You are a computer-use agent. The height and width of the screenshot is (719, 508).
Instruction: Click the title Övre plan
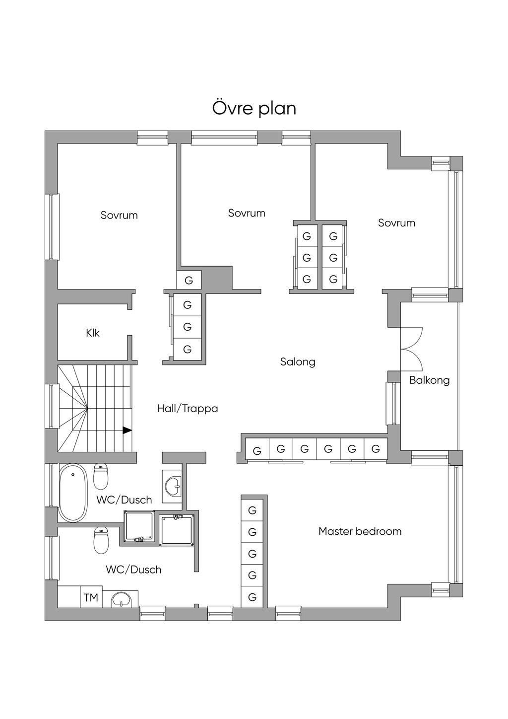click(x=254, y=108)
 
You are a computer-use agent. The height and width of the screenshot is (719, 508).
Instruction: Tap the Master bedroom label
click(x=360, y=531)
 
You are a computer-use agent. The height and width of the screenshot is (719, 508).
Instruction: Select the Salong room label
click(x=298, y=362)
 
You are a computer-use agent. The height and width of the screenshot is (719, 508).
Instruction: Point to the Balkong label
click(x=429, y=380)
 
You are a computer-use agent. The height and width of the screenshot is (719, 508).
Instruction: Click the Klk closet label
click(x=93, y=333)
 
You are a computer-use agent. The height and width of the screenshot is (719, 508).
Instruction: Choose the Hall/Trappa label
click(x=188, y=409)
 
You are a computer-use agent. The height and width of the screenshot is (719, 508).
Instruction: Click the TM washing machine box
click(x=91, y=597)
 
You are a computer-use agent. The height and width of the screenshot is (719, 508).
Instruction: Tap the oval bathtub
click(x=73, y=493)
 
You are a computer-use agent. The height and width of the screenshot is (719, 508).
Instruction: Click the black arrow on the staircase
click(x=127, y=431)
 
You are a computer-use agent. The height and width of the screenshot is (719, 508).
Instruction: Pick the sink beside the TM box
click(x=122, y=600)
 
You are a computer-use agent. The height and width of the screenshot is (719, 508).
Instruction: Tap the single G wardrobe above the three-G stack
click(x=189, y=280)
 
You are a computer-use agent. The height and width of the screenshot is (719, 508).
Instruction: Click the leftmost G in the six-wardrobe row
click(x=257, y=451)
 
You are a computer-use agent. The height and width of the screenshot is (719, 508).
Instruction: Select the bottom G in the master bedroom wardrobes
click(x=253, y=597)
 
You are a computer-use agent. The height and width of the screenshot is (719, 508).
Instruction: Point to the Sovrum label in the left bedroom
click(x=119, y=215)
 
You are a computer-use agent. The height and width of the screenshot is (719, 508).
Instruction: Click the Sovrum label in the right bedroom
click(x=396, y=223)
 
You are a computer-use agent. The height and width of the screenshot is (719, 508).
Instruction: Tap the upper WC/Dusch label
click(x=124, y=500)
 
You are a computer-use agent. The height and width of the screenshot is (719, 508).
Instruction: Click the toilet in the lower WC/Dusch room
click(x=101, y=540)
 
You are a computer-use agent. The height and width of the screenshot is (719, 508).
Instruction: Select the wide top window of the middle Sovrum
click(x=224, y=138)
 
